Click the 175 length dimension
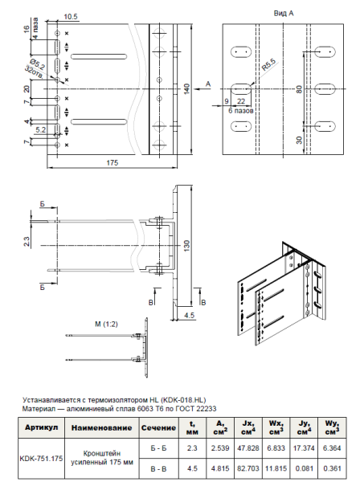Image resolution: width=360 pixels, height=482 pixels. pyautogui.click(x=112, y=163)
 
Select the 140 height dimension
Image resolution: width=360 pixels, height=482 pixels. pyautogui.click(x=186, y=88)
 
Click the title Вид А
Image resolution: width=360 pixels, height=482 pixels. pyautogui.click(x=284, y=14)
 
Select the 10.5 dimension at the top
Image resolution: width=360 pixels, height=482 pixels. pyautogui.click(x=70, y=16)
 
